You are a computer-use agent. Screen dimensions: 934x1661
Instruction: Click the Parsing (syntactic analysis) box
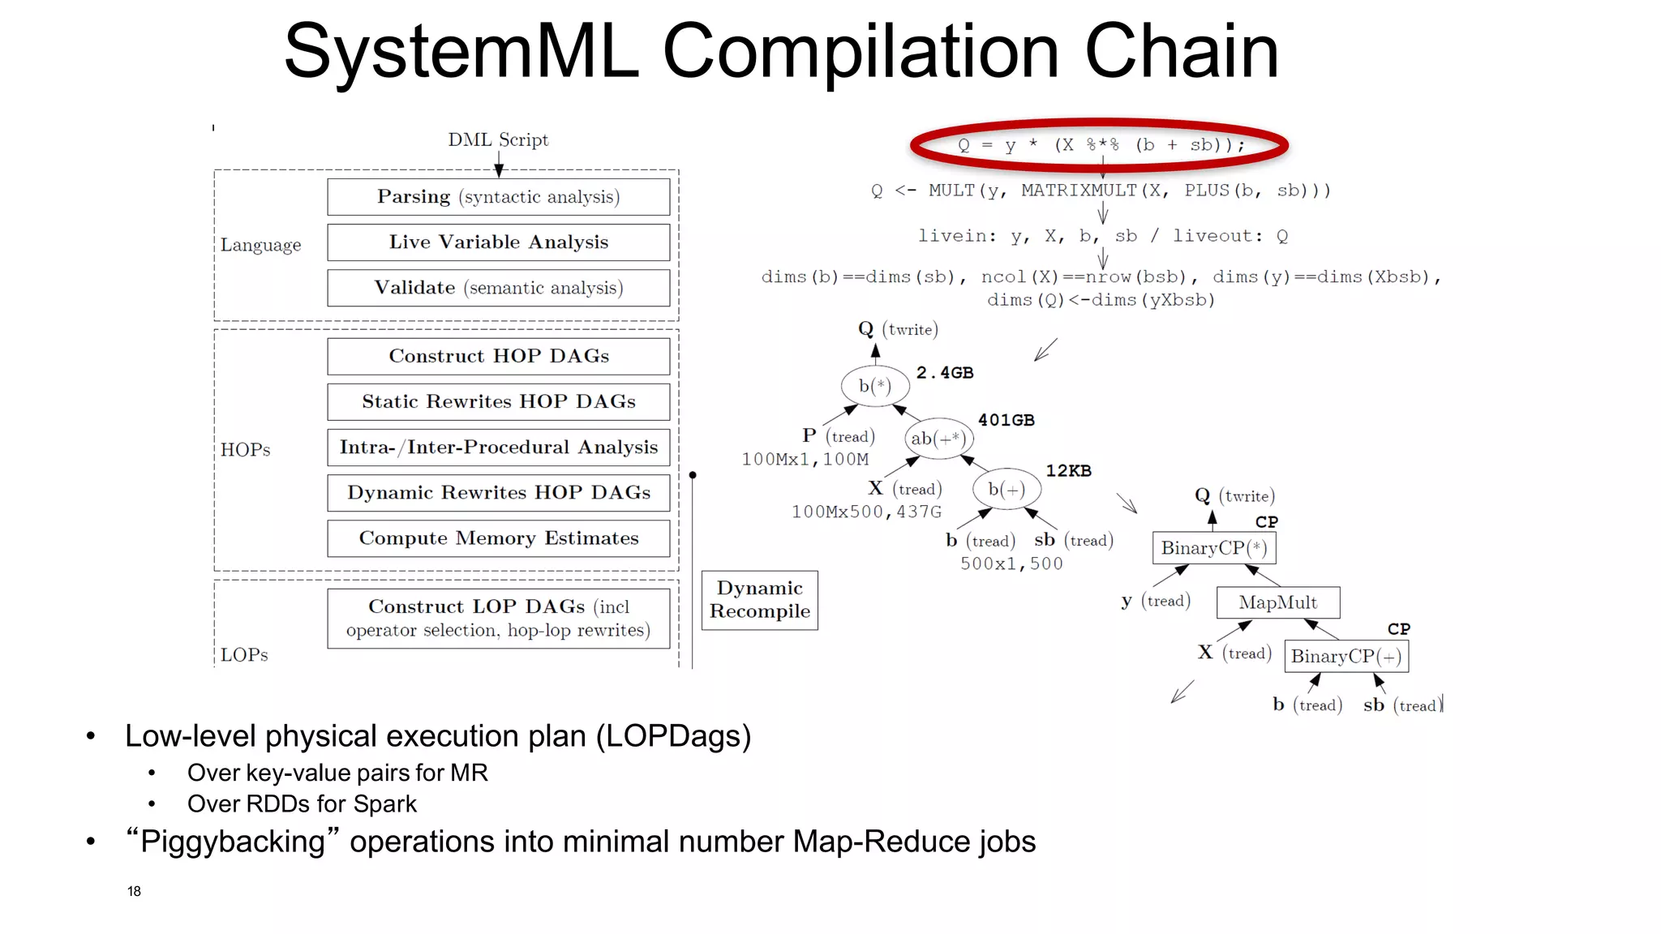tap(498, 197)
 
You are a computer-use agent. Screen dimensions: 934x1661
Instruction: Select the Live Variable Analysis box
tap(498, 242)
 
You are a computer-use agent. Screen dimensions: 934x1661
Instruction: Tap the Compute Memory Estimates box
tap(498, 538)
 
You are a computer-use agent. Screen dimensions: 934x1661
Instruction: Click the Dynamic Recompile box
tap(759, 600)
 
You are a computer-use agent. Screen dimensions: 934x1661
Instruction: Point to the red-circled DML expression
tap(1100, 145)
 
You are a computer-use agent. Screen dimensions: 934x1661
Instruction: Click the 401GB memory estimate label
tap(1006, 420)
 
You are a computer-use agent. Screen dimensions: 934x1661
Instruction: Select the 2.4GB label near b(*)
tap(945, 373)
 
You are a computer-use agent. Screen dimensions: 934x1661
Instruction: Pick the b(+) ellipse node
tap(1006, 489)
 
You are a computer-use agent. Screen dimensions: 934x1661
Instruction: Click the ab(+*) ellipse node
tap(938, 439)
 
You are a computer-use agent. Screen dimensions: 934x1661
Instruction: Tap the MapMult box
tap(1277, 602)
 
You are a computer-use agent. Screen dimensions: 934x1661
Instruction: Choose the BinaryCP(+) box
tap(1346, 656)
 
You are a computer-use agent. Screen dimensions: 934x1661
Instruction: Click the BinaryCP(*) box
tap(1213, 548)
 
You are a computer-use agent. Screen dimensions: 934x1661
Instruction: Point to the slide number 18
tap(134, 891)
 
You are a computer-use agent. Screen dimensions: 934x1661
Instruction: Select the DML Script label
tap(498, 139)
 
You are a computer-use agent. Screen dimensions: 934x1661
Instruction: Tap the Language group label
tap(260, 245)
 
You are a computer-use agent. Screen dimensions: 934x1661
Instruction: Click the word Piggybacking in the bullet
tap(233, 842)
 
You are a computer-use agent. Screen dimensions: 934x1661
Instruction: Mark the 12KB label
tap(1068, 471)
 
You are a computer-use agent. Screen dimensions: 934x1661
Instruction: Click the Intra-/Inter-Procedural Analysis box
tap(498, 448)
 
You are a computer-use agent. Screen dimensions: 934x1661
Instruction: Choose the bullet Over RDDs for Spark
tap(302, 803)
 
